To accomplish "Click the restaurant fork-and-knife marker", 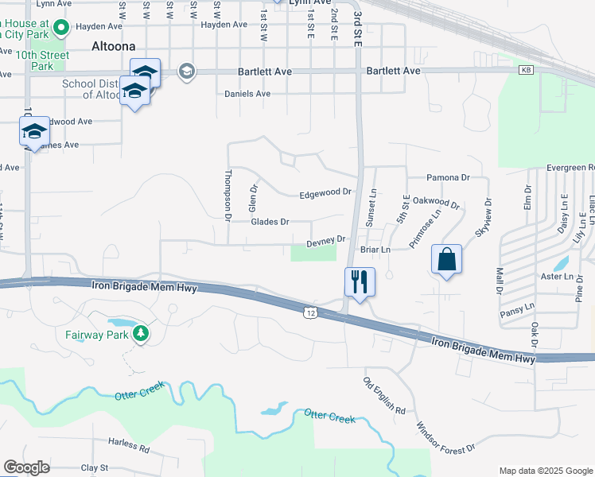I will click(x=360, y=281).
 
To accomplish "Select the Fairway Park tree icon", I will click(x=141, y=332).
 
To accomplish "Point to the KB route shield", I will click(x=526, y=71).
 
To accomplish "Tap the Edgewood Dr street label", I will click(x=325, y=193).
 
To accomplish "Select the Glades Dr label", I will click(x=270, y=222).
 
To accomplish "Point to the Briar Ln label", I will click(x=375, y=250).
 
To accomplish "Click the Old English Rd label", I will click(x=384, y=396).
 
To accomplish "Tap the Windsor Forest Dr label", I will click(x=445, y=436).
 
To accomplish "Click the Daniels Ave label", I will click(x=247, y=94).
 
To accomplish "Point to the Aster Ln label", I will click(x=557, y=277).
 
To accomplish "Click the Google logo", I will click(x=27, y=467).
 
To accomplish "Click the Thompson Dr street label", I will click(x=227, y=196).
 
